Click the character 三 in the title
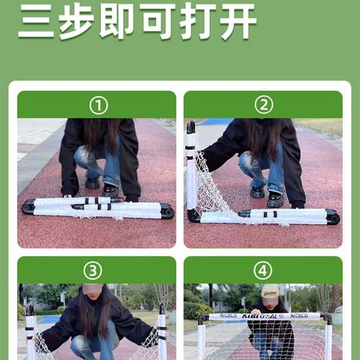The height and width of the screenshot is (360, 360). click(x=36, y=22)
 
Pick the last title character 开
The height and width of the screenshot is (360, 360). click(x=238, y=22)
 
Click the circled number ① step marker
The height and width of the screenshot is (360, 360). click(x=97, y=105)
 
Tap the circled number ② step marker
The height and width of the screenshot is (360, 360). click(x=263, y=105)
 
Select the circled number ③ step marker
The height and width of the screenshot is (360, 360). click(x=93, y=271)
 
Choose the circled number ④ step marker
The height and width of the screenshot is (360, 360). click(x=263, y=271)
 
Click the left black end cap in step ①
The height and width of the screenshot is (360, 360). click(x=28, y=207)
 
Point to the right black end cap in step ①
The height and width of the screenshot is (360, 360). click(x=166, y=211)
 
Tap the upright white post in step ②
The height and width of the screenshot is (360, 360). click(x=192, y=173)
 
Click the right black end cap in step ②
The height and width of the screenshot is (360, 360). click(x=332, y=216)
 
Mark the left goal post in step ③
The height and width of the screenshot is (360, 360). click(x=30, y=335)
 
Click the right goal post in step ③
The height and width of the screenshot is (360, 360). click(x=162, y=335)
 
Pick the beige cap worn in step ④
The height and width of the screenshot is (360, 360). click(x=270, y=291)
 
